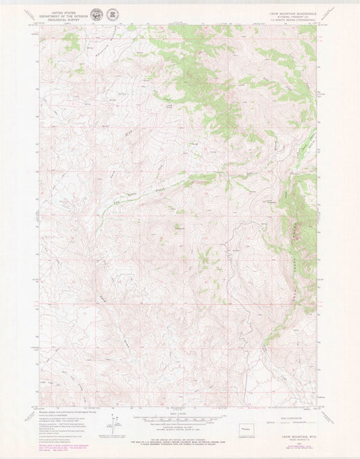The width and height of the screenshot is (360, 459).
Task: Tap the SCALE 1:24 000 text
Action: [179, 412]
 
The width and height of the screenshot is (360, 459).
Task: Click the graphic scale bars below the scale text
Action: [179, 419]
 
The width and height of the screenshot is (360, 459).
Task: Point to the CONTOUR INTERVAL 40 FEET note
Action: [179, 429]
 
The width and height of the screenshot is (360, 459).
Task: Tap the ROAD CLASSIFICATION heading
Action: [290, 414]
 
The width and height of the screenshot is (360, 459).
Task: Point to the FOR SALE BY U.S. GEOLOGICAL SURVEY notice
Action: [179, 441]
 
